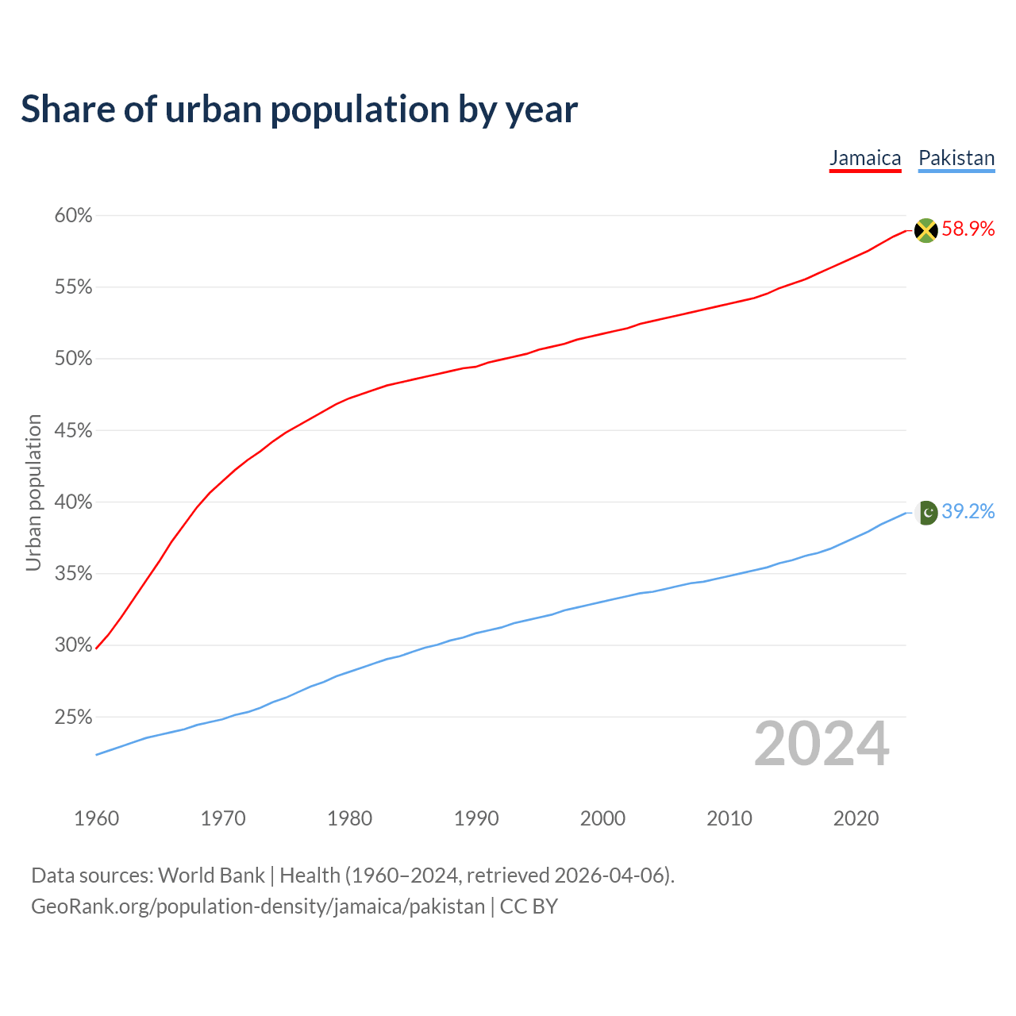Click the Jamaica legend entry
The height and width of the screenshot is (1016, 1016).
865,158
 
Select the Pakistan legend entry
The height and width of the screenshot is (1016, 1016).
956,158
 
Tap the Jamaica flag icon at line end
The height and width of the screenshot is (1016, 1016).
926,230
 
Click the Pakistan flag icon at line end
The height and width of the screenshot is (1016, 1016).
926,513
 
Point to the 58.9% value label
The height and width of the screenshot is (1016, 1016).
968,229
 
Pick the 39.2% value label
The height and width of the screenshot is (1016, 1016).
968,512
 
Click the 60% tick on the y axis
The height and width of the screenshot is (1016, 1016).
74,216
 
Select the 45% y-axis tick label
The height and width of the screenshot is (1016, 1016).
74,431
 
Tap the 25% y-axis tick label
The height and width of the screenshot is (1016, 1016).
74,718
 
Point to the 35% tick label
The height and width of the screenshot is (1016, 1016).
74,574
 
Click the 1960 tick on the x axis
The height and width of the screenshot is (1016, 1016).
96,818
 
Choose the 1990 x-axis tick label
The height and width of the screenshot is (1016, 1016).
476,818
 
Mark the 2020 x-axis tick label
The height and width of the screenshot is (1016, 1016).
856,818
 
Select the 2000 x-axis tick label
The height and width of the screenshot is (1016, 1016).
602,818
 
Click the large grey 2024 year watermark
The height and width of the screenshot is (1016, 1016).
822,745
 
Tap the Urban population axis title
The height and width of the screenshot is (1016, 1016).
33,492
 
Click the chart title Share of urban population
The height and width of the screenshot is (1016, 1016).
299,109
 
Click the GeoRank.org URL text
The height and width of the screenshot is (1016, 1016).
257,906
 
